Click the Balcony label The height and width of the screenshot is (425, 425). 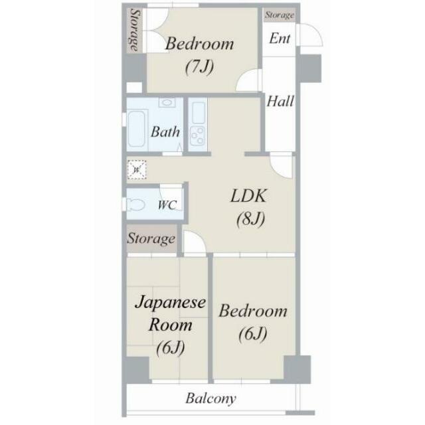pos(211,398)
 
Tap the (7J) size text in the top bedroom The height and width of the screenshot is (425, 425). pos(199,66)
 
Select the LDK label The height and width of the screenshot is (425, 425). pos(248,196)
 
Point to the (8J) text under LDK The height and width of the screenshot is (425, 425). pos(250,219)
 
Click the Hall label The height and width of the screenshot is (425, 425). pos(280,102)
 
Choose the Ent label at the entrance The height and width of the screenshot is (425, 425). pos(280,39)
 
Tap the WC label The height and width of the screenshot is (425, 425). pos(167,205)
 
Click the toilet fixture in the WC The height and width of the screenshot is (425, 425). pos(135,205)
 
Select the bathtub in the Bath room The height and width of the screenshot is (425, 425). pos(137,128)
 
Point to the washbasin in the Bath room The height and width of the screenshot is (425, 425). pos(167,103)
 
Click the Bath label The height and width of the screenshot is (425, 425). pos(165,132)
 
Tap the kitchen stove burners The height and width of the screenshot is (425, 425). pos(198,135)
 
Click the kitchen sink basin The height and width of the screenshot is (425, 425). pos(198,113)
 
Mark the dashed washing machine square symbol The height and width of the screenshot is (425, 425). pos(137,170)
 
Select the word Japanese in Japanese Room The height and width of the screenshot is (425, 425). pos(170,303)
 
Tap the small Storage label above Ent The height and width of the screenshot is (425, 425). pos(280,15)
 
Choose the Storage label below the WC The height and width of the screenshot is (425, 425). pos(151,239)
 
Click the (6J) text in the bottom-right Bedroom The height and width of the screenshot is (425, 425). pos(252,334)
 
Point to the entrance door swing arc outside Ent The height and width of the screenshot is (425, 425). pos(317,31)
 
